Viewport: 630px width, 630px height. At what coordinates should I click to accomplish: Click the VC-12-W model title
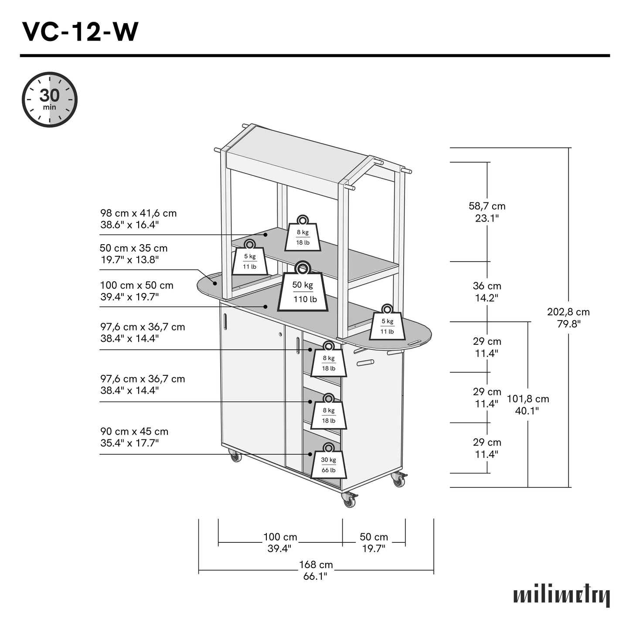[x=80, y=32]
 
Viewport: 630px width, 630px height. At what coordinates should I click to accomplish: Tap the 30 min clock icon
[x=50, y=100]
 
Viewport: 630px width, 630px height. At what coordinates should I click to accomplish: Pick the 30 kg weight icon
[x=329, y=463]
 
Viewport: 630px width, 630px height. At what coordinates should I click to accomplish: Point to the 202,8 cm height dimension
[x=568, y=318]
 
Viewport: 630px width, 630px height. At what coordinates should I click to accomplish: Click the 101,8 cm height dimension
[x=528, y=405]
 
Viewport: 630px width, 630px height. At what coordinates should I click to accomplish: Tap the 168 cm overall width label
[x=316, y=570]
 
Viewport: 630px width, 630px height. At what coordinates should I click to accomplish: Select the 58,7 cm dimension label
[x=487, y=212]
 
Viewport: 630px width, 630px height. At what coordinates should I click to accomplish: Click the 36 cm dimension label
[x=487, y=292]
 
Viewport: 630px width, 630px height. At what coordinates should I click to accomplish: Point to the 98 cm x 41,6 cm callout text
[x=138, y=219]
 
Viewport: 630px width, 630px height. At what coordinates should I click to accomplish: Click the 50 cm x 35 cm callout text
[x=133, y=254]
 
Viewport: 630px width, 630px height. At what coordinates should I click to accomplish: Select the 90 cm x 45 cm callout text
[x=134, y=437]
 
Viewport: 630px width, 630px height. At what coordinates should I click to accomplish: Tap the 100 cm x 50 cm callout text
[x=136, y=291]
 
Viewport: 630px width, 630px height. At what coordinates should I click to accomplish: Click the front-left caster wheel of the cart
[x=235, y=457]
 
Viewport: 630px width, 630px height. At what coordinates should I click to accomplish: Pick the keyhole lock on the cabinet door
[x=280, y=335]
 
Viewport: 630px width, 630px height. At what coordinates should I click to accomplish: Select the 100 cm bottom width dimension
[x=280, y=542]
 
